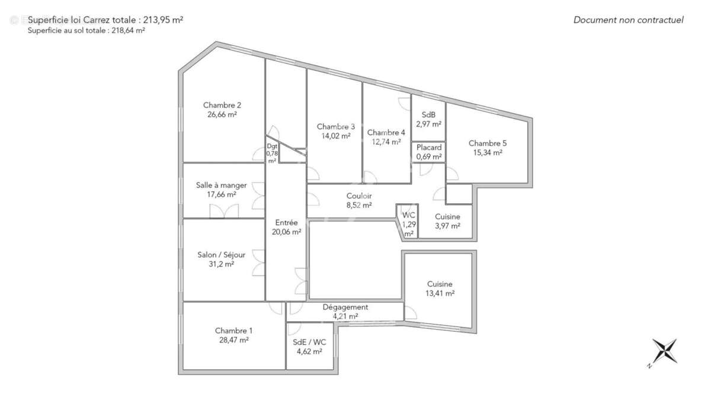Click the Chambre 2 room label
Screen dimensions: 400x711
pyautogui.click(x=222, y=105)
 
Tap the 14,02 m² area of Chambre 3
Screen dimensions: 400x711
pyautogui.click(x=336, y=136)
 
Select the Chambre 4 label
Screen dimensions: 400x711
pyautogui.click(x=386, y=132)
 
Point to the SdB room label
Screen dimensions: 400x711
pyautogui.click(x=428, y=115)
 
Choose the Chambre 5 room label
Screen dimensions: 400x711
pyautogui.click(x=488, y=143)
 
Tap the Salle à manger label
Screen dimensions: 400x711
pyautogui.click(x=222, y=185)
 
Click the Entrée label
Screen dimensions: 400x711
pyautogui.click(x=286, y=222)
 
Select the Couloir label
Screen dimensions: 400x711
pyautogui.click(x=359, y=196)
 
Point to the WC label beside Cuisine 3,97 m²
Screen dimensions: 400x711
pyautogui.click(x=409, y=215)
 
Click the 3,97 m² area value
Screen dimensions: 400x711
pyautogui.click(x=447, y=226)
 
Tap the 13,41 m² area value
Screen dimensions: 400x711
pyautogui.click(x=440, y=293)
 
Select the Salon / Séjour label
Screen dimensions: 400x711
pyautogui.click(x=222, y=255)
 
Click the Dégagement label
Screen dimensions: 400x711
pyautogui.click(x=345, y=307)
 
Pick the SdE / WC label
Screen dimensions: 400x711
pyautogui.click(x=309, y=342)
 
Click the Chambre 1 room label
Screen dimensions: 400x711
pyautogui.click(x=233, y=331)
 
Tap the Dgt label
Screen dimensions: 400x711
pyautogui.click(x=272, y=146)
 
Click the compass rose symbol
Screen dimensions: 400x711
pyautogui.click(x=664, y=352)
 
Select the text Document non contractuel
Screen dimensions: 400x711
pyautogui.click(x=628, y=20)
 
